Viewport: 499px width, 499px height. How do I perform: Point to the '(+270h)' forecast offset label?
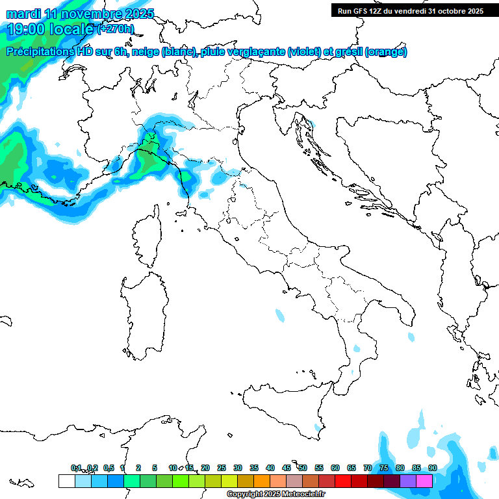pyautogui.click(x=115, y=29)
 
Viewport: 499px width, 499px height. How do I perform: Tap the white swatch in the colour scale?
pyautogui.click(x=66, y=481)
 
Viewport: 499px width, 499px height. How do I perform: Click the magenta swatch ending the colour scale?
pyautogui.click(x=424, y=481)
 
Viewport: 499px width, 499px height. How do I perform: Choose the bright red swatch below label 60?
pyautogui.click(x=343, y=481)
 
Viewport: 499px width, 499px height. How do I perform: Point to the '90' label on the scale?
pyautogui.click(x=432, y=468)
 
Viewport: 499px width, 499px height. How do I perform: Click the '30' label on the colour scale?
pyautogui.click(x=238, y=468)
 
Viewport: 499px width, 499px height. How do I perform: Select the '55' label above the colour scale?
pyautogui.click(x=319, y=468)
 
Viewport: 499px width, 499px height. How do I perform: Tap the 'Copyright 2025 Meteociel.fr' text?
pyautogui.click(x=275, y=494)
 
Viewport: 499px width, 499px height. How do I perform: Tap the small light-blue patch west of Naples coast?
pyautogui.click(x=280, y=316)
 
